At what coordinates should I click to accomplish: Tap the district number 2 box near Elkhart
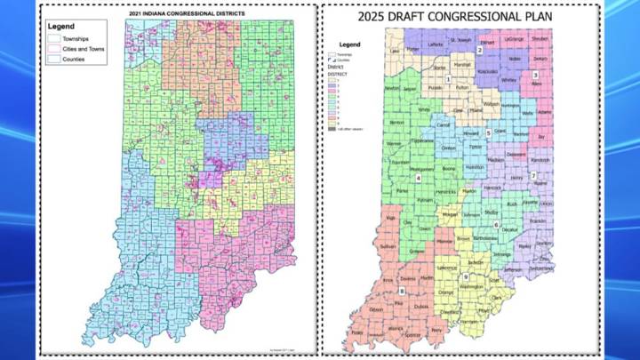click(x=479, y=51)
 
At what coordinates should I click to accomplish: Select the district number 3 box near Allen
click(x=535, y=75)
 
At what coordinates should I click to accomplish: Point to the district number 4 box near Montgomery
click(x=418, y=178)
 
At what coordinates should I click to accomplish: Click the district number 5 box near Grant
click(x=488, y=132)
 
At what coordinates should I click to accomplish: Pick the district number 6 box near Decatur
click(x=496, y=224)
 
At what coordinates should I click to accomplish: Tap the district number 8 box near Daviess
click(x=401, y=290)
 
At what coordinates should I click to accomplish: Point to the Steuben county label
click(x=540, y=40)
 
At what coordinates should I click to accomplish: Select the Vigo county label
click(x=390, y=217)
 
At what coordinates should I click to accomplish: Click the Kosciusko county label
click(x=487, y=70)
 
